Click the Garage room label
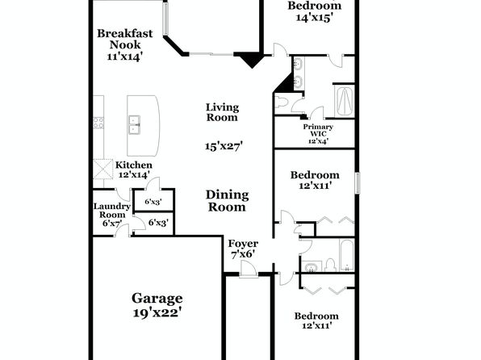tap(157, 299)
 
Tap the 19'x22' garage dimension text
tap(157, 312)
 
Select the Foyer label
tap(243, 244)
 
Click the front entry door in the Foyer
tap(249, 269)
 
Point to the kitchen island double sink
tap(134, 125)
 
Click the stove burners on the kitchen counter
tap(98, 123)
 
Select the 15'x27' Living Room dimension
tap(224, 146)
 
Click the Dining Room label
tap(227, 201)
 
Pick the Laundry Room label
tap(112, 211)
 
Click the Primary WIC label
tap(318, 130)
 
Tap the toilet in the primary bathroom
tap(281, 102)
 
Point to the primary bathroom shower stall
tap(345, 101)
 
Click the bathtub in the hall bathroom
tap(347, 255)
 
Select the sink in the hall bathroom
tap(312, 267)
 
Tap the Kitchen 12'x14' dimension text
tap(134, 174)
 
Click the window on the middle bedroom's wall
tap(358, 183)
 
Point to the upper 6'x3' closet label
tap(153, 202)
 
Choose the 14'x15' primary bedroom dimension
tap(315, 18)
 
